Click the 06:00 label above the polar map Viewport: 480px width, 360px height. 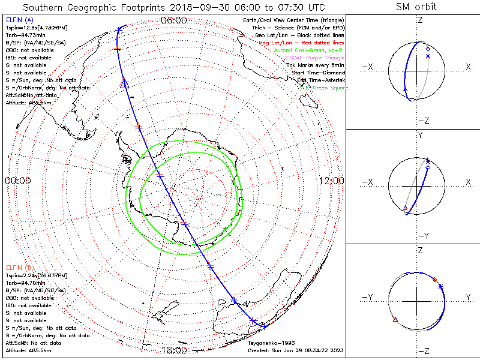click(x=174, y=20)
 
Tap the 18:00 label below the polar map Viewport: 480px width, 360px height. click(x=174, y=350)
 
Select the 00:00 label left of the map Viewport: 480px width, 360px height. click(x=17, y=181)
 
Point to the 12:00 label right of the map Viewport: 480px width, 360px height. click(x=331, y=181)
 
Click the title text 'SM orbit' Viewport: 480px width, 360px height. click(x=416, y=7)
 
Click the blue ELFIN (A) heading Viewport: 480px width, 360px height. click(x=19, y=20)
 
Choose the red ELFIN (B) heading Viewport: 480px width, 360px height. click(x=19, y=267)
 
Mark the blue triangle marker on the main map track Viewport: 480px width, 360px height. click(x=125, y=85)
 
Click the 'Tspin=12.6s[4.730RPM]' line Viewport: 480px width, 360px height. click(x=30, y=28)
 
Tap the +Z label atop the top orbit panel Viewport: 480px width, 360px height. click(x=419, y=20)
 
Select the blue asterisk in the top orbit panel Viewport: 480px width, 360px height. click(x=428, y=56)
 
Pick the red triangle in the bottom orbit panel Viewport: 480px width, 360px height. click(x=395, y=321)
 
